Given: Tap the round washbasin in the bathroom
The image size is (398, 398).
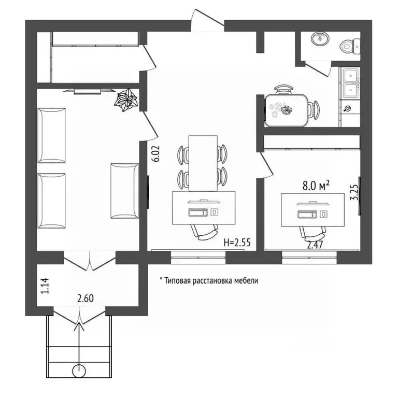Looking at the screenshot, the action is pyautogui.click(x=320, y=38).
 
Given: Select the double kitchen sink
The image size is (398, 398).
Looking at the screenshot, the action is pyautogui.click(x=351, y=83).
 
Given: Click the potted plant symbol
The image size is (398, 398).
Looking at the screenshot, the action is pyautogui.click(x=126, y=100).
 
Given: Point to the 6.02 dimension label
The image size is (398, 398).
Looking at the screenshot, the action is pyautogui.click(x=156, y=153).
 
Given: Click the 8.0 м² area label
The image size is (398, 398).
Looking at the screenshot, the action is pyautogui.click(x=316, y=186).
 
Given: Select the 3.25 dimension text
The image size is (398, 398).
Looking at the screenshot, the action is pyautogui.click(x=354, y=192).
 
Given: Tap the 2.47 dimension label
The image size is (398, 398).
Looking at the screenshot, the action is pyautogui.click(x=315, y=245).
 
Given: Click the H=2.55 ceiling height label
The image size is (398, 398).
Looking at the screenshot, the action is pyautogui.click(x=237, y=243).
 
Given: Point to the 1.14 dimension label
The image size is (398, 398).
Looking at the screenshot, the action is pyautogui.click(x=45, y=286).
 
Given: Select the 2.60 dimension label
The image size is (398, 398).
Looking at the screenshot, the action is pyautogui.click(x=86, y=298).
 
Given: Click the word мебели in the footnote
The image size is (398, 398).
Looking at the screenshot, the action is pyautogui.click(x=246, y=281).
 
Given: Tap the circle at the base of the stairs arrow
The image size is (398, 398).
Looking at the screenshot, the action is pyautogui.click(x=79, y=372).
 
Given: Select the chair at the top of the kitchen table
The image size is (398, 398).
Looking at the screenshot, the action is pyautogui.click(x=283, y=90).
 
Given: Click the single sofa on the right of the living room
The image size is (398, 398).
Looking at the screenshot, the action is pyautogui.click(x=124, y=191).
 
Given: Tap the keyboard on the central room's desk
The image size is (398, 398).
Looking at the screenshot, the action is pyautogui.click(x=198, y=212).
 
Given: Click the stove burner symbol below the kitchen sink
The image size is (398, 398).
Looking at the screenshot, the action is pyautogui.click(x=347, y=109).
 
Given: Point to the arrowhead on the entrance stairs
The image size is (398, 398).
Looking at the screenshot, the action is pyautogui.click(x=79, y=326).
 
